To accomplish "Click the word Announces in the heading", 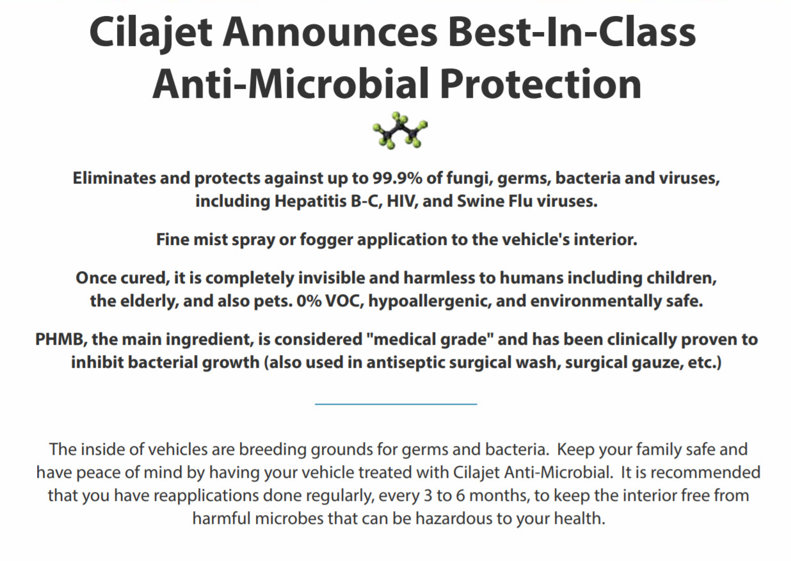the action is point(330,32).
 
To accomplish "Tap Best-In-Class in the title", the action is point(572,32).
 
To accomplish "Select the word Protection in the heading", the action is point(541,84).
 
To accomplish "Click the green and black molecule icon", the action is point(400,130).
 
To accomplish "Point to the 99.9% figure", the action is point(397,178).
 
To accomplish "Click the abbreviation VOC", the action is point(344,301).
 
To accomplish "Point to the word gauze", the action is point(657,363).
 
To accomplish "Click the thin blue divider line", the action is point(396,404).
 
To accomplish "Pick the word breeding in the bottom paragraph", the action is point(273,450).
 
